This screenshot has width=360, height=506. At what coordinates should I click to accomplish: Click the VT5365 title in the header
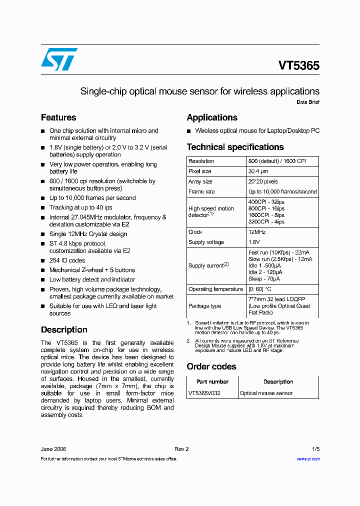pos(298,65)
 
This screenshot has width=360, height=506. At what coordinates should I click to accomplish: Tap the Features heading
pos(58,117)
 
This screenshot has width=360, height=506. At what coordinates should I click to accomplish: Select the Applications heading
pos(212,117)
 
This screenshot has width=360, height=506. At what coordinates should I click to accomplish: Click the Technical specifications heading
pos(235,147)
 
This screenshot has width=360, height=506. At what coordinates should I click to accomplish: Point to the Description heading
pos(64,330)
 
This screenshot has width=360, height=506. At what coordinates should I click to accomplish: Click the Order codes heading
pos(211,366)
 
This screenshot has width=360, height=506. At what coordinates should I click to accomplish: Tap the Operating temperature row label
pos(215,289)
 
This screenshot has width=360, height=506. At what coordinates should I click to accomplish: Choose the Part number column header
pos(212,381)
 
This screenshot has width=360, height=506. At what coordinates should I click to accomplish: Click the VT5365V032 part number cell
pos(204,393)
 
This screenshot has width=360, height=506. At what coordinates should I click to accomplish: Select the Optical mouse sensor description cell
pos(266,393)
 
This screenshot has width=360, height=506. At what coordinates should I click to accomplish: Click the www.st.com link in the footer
pos(308,458)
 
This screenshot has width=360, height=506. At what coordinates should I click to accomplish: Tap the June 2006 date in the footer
pos(53,449)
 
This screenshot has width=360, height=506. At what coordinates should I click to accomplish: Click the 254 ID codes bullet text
pos(67,260)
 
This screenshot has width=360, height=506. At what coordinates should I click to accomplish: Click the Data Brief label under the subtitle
pos(308,102)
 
